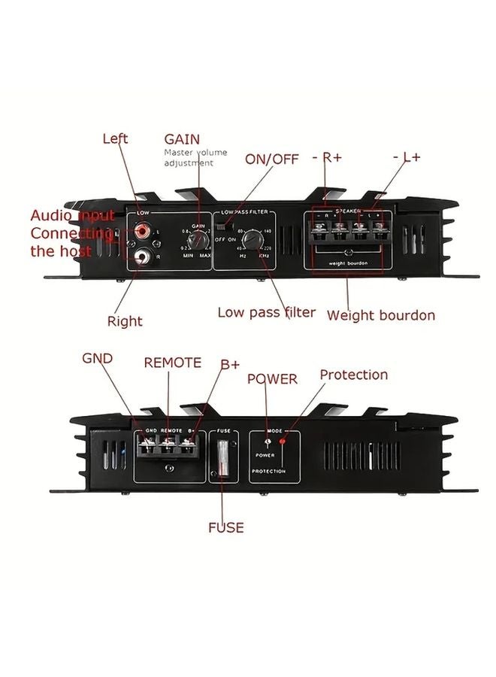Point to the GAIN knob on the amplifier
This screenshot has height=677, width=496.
tap(198, 240)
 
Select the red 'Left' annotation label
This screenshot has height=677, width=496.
tap(115, 138)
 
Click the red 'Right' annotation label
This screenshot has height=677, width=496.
tap(125, 321)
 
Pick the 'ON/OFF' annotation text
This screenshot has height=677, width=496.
tap(271, 159)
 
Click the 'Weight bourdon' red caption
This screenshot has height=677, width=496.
tap(380, 315)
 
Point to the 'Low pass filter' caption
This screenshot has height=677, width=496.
tap(267, 312)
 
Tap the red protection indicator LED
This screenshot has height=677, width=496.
tap(283, 442)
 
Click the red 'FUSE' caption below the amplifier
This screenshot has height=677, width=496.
tap(226, 527)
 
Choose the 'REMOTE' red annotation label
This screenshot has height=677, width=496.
tap(173, 363)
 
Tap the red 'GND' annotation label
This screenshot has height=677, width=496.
tap(98, 358)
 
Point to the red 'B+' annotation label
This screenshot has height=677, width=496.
tap(230, 364)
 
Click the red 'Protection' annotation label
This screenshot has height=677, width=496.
tap(354, 375)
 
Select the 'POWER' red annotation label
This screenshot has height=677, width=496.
tap(272, 379)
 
